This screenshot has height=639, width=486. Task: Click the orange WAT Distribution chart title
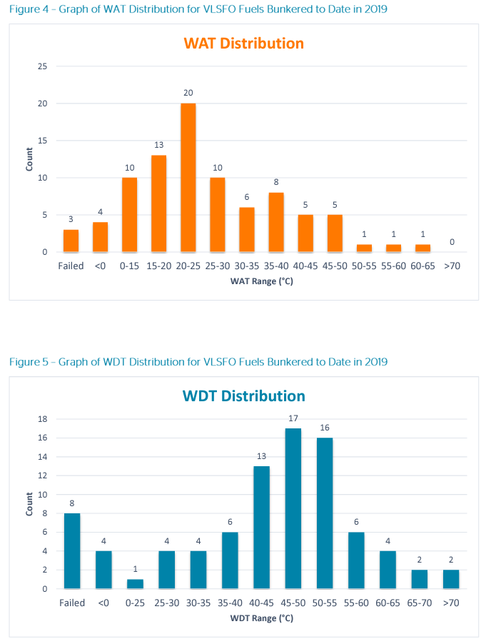(243, 44)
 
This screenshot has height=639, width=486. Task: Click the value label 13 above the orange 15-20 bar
(158, 145)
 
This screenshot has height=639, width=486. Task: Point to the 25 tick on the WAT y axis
(43, 66)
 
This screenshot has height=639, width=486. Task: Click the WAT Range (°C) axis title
(261, 281)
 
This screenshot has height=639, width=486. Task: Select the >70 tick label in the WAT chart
(452, 266)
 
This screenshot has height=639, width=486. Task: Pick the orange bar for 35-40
(276, 221)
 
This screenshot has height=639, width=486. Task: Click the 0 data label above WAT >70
(452, 243)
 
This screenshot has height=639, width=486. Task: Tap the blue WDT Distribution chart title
(244, 396)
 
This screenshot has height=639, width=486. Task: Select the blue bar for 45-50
(293, 508)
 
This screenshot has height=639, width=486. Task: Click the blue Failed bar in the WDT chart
(72, 550)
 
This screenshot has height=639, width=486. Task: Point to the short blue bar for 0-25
(135, 583)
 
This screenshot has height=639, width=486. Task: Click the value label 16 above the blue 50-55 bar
(324, 428)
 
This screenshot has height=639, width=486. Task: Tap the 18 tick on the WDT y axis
(44, 419)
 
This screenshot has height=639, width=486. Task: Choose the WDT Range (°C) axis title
(261, 618)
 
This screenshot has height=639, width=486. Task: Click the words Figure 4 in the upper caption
(29, 9)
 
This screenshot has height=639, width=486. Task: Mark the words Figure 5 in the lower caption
(29, 362)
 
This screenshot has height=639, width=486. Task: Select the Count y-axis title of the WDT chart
(29, 503)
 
